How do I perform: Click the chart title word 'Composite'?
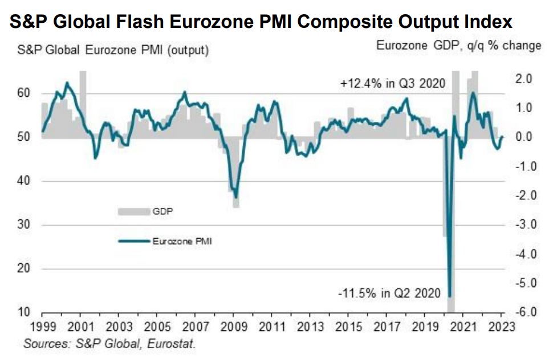point(338,22)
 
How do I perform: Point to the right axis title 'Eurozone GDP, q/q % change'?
point(458,46)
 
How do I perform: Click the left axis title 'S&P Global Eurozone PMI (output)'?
point(109,50)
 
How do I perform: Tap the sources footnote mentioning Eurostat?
point(109,344)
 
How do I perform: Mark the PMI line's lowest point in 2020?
point(450,296)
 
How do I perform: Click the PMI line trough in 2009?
point(236,198)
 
